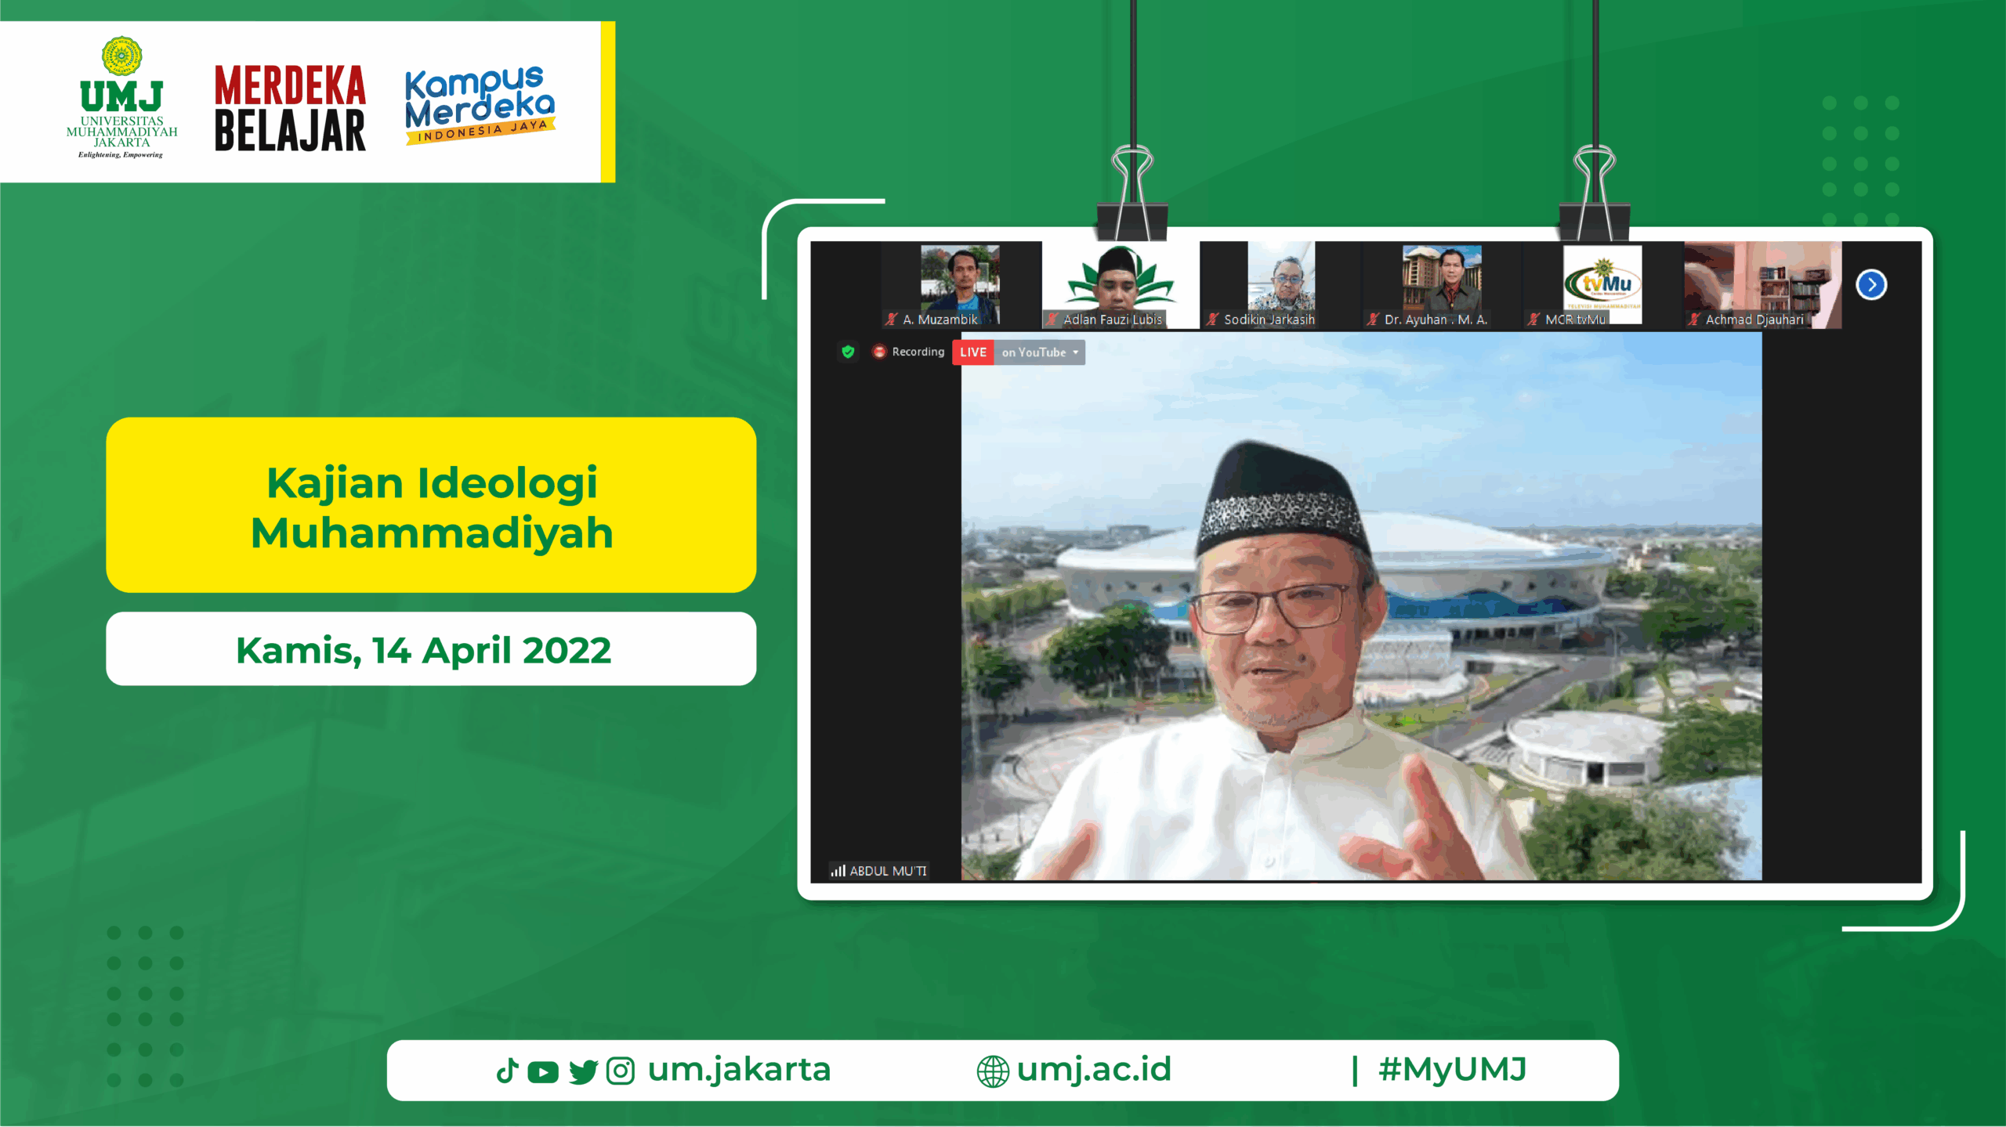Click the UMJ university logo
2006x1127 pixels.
121,97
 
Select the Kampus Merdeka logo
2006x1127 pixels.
480,105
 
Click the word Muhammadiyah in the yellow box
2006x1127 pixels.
432,533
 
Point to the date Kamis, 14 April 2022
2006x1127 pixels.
423,650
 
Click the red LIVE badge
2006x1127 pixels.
972,352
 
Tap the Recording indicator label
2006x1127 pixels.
918,352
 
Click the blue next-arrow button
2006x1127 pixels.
1871,284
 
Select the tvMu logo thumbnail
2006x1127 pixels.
1602,283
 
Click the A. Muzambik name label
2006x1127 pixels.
940,320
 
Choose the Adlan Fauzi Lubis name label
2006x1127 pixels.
1113,320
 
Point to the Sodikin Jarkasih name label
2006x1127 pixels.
1269,320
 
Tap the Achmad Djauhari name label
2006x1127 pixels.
1754,320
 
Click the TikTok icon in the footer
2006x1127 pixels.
508,1071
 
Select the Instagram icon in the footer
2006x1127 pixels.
621,1071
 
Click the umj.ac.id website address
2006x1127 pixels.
1094,1070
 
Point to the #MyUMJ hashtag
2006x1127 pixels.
1453,1069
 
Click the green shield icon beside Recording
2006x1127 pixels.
848,352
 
